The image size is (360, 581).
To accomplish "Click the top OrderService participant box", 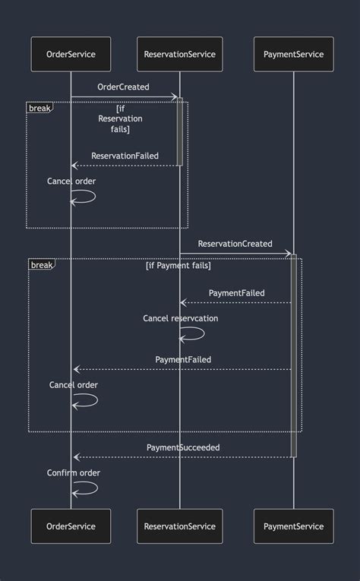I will coord(71,54).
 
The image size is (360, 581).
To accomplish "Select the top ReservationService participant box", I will coord(180,54).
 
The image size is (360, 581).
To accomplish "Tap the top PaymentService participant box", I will coord(293,54).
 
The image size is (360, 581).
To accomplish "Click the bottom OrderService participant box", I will coord(71,526).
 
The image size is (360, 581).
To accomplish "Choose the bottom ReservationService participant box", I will coord(180,526).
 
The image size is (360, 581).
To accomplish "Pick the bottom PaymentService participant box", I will coord(293,526).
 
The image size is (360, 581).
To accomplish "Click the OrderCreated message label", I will coord(123,87).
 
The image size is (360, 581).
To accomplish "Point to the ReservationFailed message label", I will coord(125,156).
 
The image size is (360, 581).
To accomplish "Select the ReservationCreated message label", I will coord(235,244).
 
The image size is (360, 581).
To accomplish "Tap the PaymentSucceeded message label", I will coord(183,447).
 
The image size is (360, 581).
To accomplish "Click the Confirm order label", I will coord(74,472).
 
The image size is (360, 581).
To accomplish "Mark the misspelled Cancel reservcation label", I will coord(180,318).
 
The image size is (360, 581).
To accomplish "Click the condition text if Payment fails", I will coord(178,266).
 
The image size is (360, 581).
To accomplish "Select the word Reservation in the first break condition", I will coord(120,118).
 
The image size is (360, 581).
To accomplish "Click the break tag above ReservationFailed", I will coord(39,108).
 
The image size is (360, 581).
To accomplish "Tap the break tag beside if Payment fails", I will coord(42,265).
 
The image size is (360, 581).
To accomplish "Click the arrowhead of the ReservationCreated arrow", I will coord(289,254).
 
